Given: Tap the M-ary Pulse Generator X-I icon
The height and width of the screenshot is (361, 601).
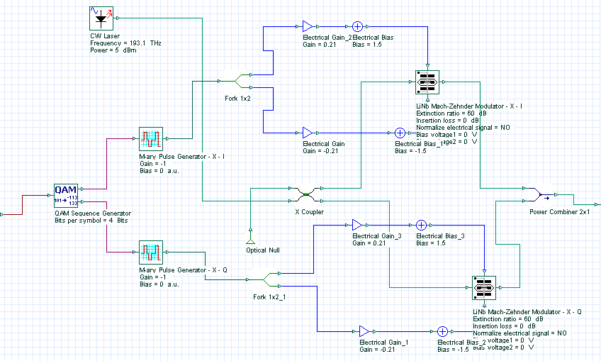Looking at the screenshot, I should coord(150,138).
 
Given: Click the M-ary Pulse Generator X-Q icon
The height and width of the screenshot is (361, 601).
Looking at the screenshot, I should coord(150,252).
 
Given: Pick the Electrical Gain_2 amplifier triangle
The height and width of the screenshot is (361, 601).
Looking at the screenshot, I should coord(307,26).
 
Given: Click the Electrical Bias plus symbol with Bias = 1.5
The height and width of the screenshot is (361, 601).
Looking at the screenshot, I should coord(357,26).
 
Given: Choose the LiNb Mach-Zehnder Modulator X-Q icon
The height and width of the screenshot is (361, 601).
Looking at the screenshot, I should coord(485,287).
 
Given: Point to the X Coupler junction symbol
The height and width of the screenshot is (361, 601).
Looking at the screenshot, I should coord(306,194).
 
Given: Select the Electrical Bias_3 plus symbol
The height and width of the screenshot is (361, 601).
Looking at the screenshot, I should coord(421,225).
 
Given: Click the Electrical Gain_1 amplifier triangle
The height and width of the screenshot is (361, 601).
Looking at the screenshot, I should coord(364,331).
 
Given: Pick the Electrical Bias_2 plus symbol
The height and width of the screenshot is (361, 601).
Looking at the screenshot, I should coord(442,331).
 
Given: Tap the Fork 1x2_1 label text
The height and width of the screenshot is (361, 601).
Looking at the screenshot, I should coord(269,296).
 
